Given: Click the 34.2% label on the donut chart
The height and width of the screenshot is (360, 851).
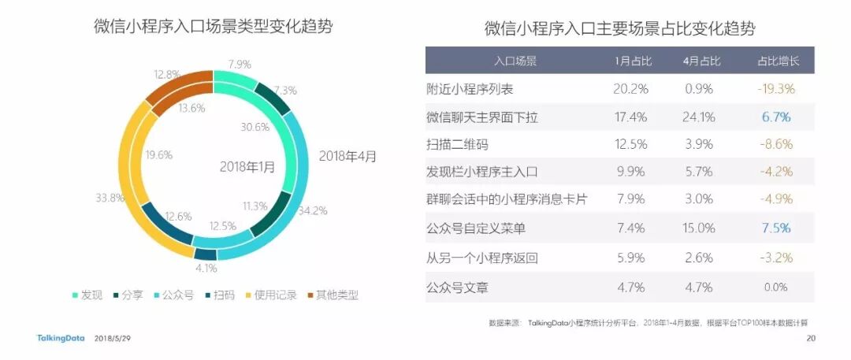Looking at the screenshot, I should tap(312, 211).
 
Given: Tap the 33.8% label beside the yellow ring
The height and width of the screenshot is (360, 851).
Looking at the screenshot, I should tap(110, 198).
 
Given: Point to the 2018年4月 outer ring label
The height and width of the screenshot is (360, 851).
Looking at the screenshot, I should tap(347, 155).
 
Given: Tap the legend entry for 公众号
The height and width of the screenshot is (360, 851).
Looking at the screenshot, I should tap(172, 295).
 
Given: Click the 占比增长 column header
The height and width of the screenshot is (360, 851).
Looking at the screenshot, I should tap(777, 61).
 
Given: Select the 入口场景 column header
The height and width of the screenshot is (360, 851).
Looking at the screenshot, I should tap(515, 61).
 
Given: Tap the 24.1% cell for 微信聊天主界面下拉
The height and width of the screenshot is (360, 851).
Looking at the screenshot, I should tap(700, 117).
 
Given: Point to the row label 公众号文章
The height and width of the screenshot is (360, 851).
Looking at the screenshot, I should tap(457, 288).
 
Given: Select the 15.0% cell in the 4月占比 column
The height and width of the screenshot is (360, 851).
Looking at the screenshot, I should tap(700, 228).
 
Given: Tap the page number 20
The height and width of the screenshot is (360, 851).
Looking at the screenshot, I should tap(810, 340).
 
